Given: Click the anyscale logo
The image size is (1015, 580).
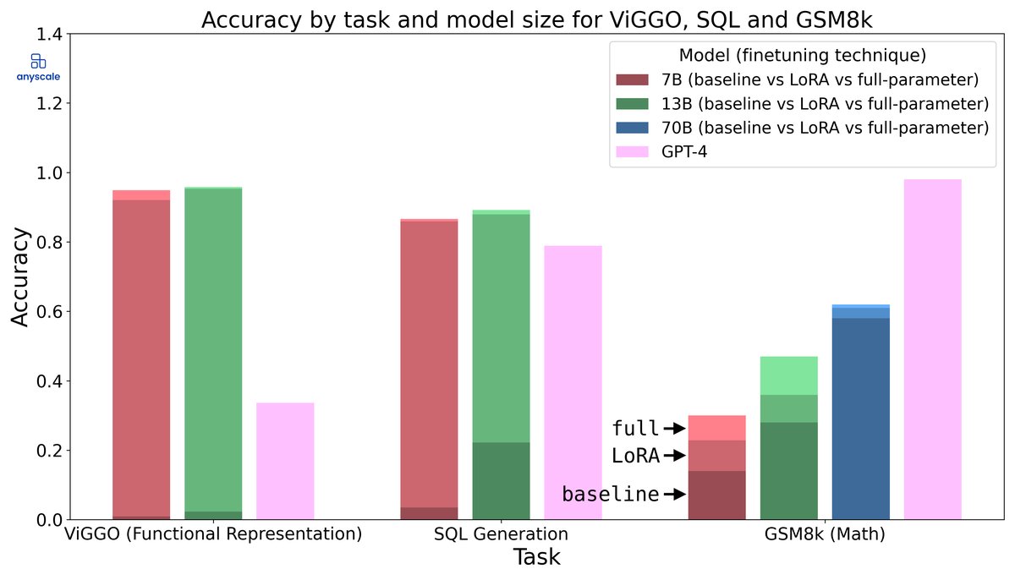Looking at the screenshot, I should [x=37, y=67].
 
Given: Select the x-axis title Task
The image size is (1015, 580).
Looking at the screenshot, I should [x=536, y=558].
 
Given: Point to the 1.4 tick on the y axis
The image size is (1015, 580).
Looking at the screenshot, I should [x=49, y=34].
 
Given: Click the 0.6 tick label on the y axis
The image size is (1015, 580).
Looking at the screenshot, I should [x=49, y=312].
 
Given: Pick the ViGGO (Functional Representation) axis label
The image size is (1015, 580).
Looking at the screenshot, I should [x=213, y=534].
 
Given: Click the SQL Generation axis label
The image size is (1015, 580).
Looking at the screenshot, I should [x=501, y=534].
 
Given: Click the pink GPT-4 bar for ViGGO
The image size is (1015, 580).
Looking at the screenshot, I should [x=285, y=461].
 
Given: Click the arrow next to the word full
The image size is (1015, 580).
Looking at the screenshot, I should [x=674, y=429].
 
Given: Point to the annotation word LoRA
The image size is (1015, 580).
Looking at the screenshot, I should [x=635, y=456].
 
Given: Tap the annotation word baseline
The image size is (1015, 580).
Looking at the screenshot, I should [x=611, y=494].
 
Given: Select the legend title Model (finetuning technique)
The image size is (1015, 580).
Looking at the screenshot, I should [x=802, y=56].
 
